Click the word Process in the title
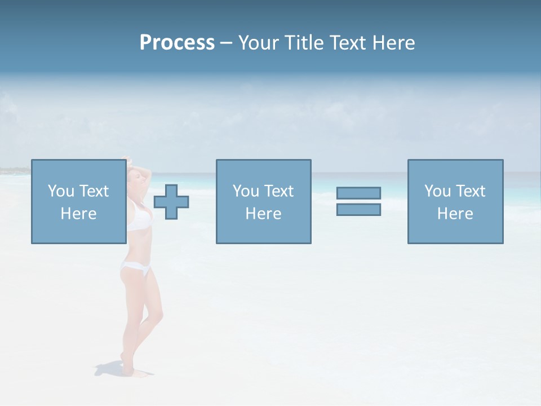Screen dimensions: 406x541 point(177,43)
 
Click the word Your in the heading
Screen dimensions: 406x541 point(259,43)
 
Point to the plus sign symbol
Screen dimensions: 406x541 point(171,202)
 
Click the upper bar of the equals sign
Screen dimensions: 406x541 point(358,193)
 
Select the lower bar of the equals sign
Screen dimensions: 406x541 point(358,209)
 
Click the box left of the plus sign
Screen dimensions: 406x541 point(78,201)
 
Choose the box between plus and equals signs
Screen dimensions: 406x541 point(263,201)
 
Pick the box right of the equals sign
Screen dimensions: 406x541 point(455,201)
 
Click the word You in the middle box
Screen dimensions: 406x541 point(246,191)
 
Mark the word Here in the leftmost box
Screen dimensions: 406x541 point(78,214)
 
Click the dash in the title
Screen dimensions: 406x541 point(226,43)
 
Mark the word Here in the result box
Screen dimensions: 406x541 point(455,214)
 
